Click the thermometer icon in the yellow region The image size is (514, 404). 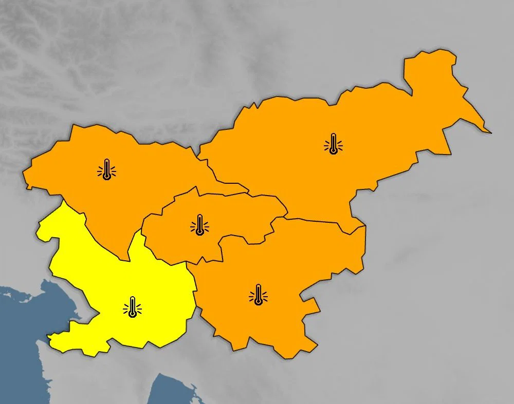[x=133, y=307]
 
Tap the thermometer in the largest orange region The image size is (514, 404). [x=334, y=144]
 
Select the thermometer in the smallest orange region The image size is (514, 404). [x=199, y=225]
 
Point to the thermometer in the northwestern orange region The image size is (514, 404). [x=106, y=169]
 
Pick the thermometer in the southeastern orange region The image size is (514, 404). [x=258, y=295]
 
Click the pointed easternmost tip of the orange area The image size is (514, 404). [x=490, y=132]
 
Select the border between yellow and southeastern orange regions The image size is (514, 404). [x=196, y=293]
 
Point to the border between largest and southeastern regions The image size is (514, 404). [x=319, y=221]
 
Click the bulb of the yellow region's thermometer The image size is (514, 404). [x=133, y=314]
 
